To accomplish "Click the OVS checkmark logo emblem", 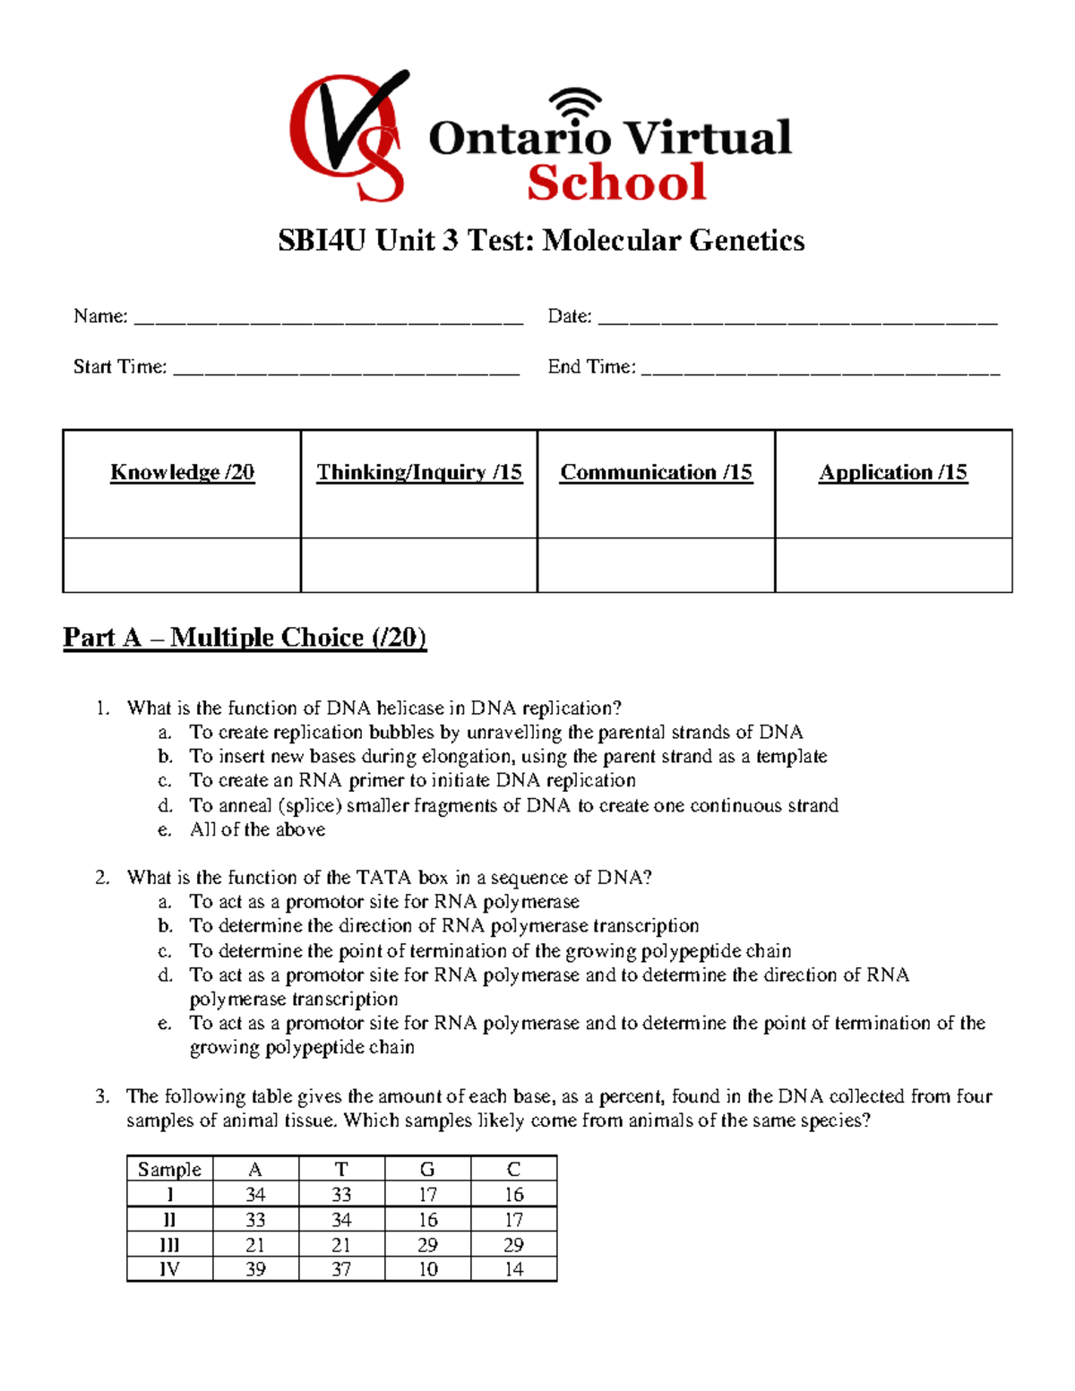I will coord(348,135).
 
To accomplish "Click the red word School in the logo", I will coord(616,183).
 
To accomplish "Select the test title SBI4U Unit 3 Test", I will coord(540,240).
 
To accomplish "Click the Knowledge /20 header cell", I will coord(182,473).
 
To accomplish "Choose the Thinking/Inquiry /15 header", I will coord(419,473).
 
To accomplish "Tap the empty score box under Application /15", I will coord(893,565).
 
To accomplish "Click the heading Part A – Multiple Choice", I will coord(245,638).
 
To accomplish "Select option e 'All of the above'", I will coord(257,829).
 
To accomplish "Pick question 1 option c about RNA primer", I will coord(412,780).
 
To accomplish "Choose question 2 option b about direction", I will coord(443,926).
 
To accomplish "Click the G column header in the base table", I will coord(427,1169).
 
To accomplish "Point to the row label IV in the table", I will coord(169,1269).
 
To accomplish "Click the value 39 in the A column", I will coord(255,1269).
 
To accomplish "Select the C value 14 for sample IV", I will coord(513,1269).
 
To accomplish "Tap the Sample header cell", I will coord(169,1169).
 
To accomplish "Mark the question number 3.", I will coord(102,1096).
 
